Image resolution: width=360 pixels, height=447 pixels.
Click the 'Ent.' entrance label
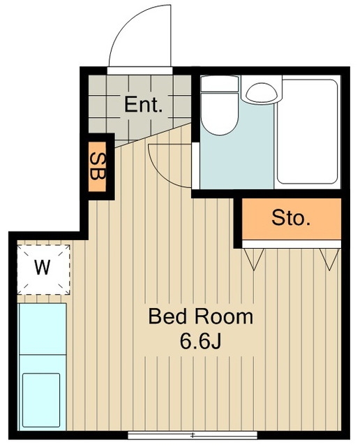tap(143, 105)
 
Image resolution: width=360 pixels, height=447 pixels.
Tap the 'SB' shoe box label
tap(98, 166)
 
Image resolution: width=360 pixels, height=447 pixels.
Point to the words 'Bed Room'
tap(201, 316)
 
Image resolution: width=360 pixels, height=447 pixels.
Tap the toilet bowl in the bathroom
tap(219, 113)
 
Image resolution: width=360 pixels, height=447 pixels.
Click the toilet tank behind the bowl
tap(219, 84)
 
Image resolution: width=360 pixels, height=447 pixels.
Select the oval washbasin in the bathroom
tap(262, 91)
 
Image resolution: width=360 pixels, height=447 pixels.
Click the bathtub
tap(307, 132)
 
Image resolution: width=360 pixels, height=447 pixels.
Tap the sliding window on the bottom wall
tap(193, 435)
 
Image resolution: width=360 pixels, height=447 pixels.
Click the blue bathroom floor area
tap(237, 160)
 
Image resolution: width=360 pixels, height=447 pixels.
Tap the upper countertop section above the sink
tap(43, 329)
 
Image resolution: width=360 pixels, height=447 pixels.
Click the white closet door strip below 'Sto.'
tap(292, 244)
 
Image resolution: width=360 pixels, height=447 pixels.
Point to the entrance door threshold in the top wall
tap(140, 71)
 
